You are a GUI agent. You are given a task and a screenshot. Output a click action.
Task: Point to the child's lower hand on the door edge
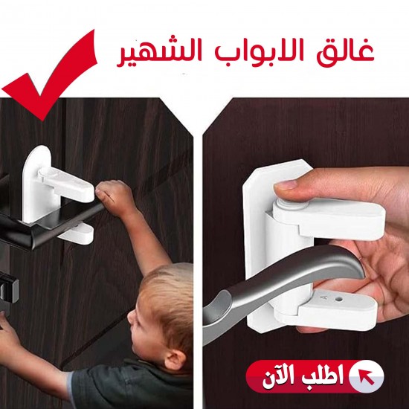[11, 335]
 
